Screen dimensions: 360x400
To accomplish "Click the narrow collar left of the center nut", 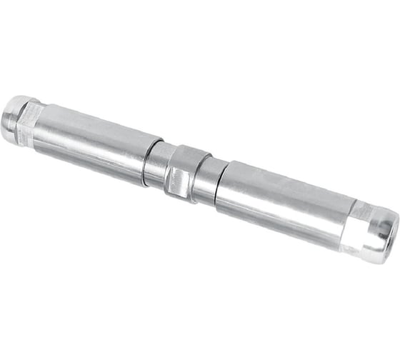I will (156, 165).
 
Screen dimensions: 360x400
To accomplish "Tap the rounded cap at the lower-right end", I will (381, 233).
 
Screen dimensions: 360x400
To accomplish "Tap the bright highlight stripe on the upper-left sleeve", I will (93, 132).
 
